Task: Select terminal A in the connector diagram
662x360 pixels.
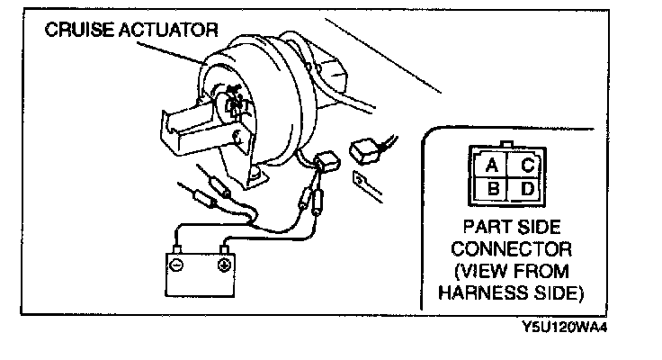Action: (x=492, y=166)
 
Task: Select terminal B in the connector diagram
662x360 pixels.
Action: (x=492, y=190)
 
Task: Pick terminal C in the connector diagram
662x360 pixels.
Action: (x=527, y=166)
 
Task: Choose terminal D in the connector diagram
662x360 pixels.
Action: (x=527, y=190)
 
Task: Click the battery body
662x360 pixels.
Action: (x=199, y=274)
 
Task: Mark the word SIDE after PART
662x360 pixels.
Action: (x=540, y=227)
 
